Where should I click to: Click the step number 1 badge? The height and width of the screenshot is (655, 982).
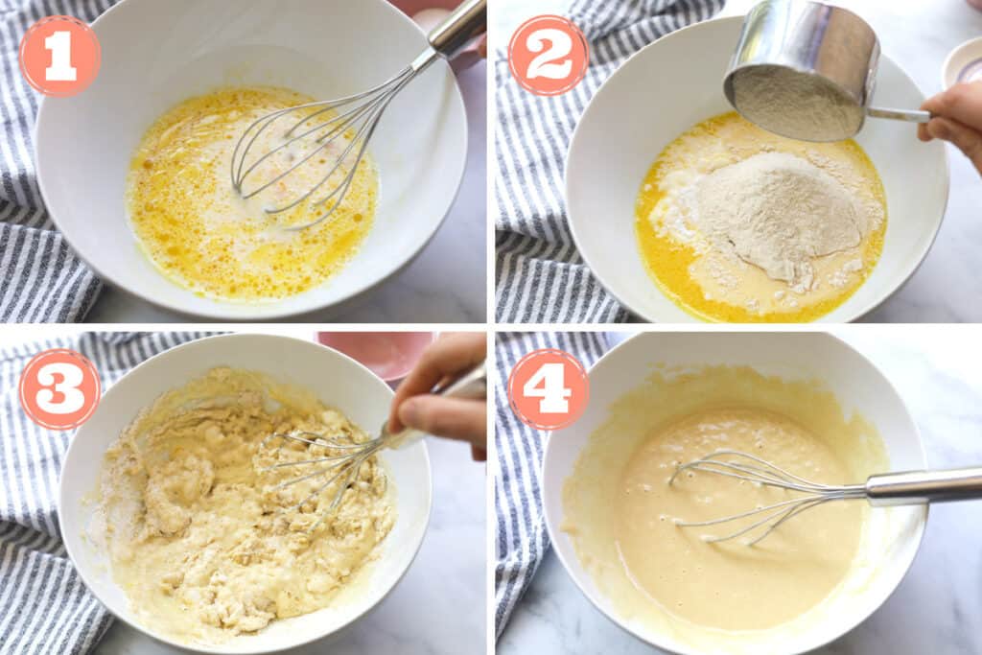click(60, 57)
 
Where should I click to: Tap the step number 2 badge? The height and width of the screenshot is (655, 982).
click(549, 55)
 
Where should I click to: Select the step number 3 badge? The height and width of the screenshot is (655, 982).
click(60, 388)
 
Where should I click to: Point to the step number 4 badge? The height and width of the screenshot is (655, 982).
click(549, 388)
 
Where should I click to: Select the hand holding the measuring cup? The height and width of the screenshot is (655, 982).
click(952, 122)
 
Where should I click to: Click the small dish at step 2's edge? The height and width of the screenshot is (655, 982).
click(962, 62)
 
